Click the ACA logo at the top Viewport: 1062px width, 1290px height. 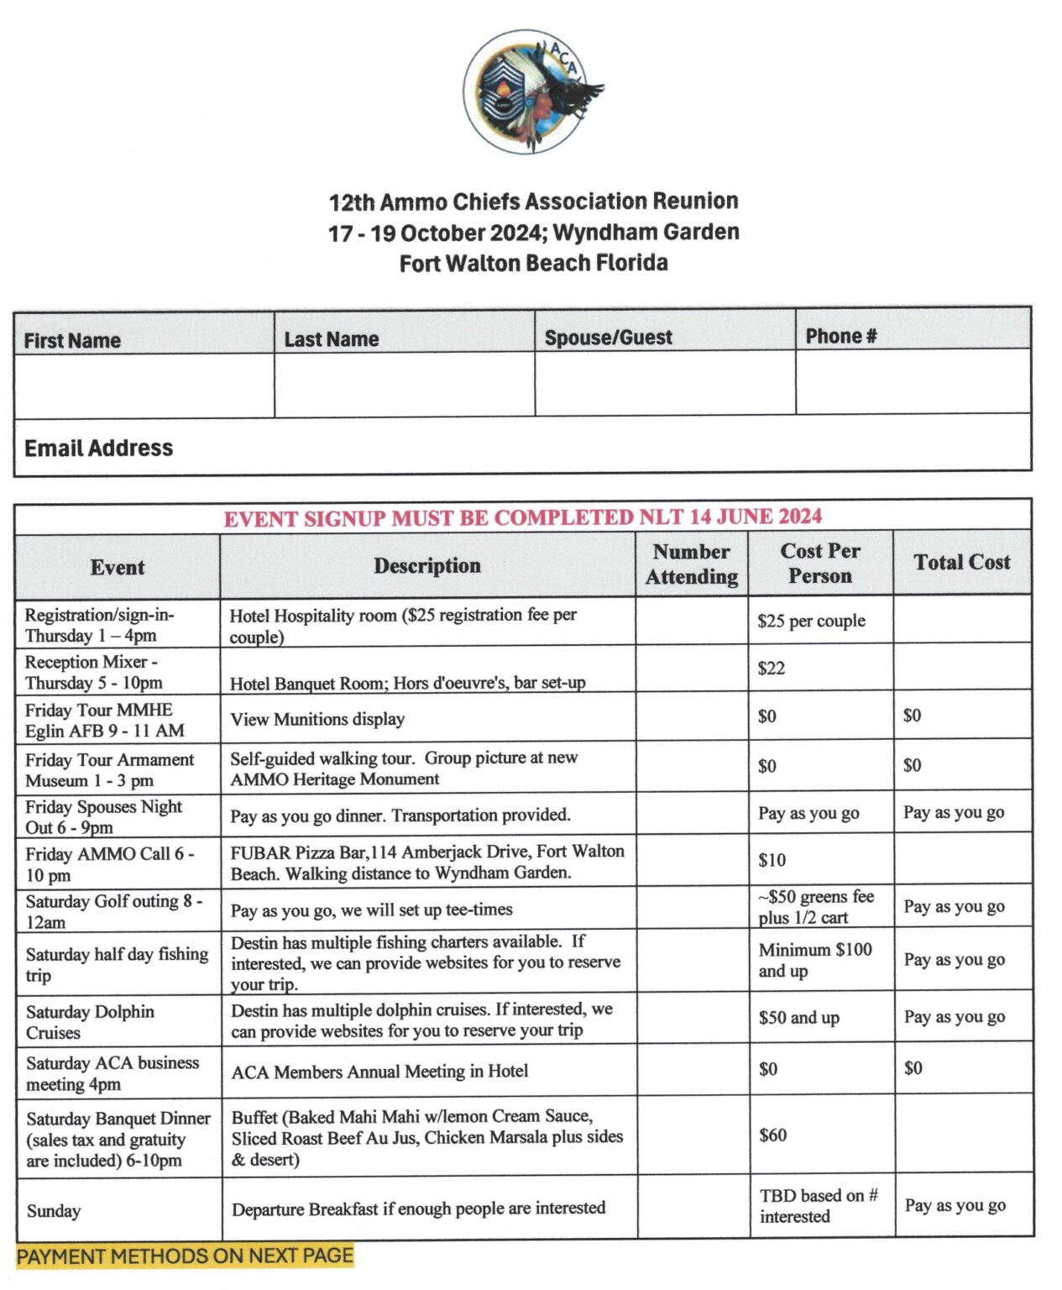pyautogui.click(x=531, y=92)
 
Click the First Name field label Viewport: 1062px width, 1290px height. pyautogui.click(x=72, y=340)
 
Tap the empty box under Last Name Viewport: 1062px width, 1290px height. pyautogui.click(x=405, y=385)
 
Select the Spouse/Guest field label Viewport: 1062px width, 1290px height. pyautogui.click(x=608, y=338)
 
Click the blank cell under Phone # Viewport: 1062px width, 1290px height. pyautogui.click(x=913, y=382)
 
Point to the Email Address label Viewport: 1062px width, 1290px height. pyautogui.click(x=99, y=448)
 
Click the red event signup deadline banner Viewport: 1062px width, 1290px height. pyautogui.click(x=522, y=517)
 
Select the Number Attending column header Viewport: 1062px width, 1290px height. pyautogui.click(x=692, y=564)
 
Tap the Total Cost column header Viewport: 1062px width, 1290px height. pyautogui.click(x=962, y=563)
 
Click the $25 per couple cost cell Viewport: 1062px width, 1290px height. pyautogui.click(x=811, y=621)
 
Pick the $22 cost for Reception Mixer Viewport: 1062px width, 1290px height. pyautogui.click(x=772, y=669)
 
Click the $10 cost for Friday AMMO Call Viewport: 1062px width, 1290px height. pyautogui.click(x=772, y=860)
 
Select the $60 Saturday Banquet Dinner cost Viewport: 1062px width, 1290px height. pyautogui.click(x=773, y=1135)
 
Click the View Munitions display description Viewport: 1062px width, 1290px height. pyautogui.click(x=317, y=719)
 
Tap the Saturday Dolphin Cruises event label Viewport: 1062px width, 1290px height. pyautogui.click(x=90, y=1022)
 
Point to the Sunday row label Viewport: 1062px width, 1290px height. pyautogui.click(x=54, y=1211)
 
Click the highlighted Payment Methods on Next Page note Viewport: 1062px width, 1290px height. pyautogui.click(x=185, y=1256)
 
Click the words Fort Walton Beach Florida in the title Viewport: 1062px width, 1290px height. pyautogui.click(x=533, y=264)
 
